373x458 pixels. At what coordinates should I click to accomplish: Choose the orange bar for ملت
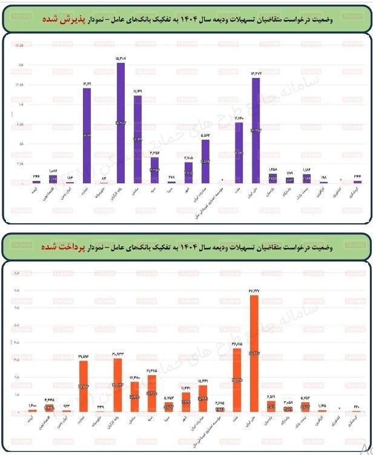pyautogui.click(x=237, y=381)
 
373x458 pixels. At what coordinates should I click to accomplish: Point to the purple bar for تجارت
pyautogui.click(x=87, y=136)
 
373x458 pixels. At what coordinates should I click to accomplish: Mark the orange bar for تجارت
pyautogui.click(x=84, y=387)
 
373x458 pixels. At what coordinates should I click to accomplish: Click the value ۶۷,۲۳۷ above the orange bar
pyautogui.click(x=254, y=290)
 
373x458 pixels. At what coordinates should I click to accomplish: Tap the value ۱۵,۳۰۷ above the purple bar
pyautogui.click(x=121, y=58)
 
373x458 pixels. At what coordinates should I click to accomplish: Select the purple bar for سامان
pyautogui.click(x=137, y=139)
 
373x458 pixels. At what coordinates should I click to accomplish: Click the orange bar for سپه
pyautogui.click(x=152, y=394)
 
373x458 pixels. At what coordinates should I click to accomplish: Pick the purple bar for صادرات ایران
pyautogui.click(x=205, y=162)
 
